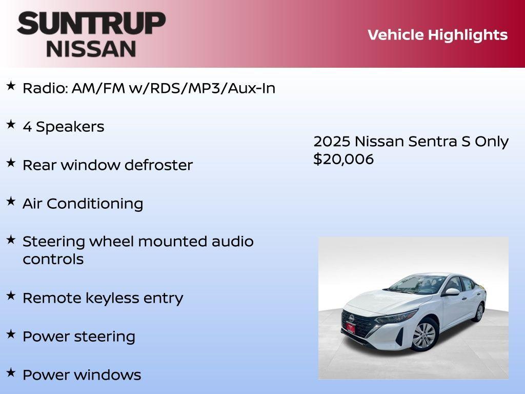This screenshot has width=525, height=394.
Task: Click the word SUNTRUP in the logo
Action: click(91, 23)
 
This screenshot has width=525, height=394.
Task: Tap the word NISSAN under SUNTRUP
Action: click(91, 48)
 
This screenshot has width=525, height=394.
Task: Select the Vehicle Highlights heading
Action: click(437, 35)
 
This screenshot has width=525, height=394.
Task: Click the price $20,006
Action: click(344, 159)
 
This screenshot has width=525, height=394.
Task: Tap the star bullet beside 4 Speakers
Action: click(11, 125)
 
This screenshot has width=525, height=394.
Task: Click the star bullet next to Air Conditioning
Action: click(11, 201)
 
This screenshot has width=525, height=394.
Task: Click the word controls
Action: click(53, 259)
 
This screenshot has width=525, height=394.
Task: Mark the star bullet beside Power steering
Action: click(11, 334)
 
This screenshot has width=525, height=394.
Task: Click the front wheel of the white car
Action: click(425, 335)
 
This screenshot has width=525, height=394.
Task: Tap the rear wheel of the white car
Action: click(479, 312)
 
